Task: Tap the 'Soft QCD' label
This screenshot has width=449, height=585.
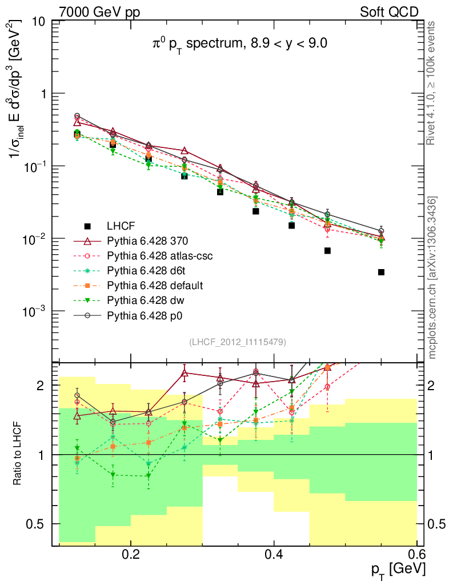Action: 389,11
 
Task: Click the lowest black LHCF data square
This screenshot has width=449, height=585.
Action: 381,272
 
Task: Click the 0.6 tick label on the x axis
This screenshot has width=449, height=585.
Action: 417,554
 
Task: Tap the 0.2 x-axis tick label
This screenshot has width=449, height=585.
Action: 131,554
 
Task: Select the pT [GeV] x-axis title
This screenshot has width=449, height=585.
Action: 398,570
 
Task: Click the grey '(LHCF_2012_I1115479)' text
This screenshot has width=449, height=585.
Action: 238,342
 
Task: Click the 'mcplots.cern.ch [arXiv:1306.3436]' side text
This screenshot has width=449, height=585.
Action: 434,277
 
